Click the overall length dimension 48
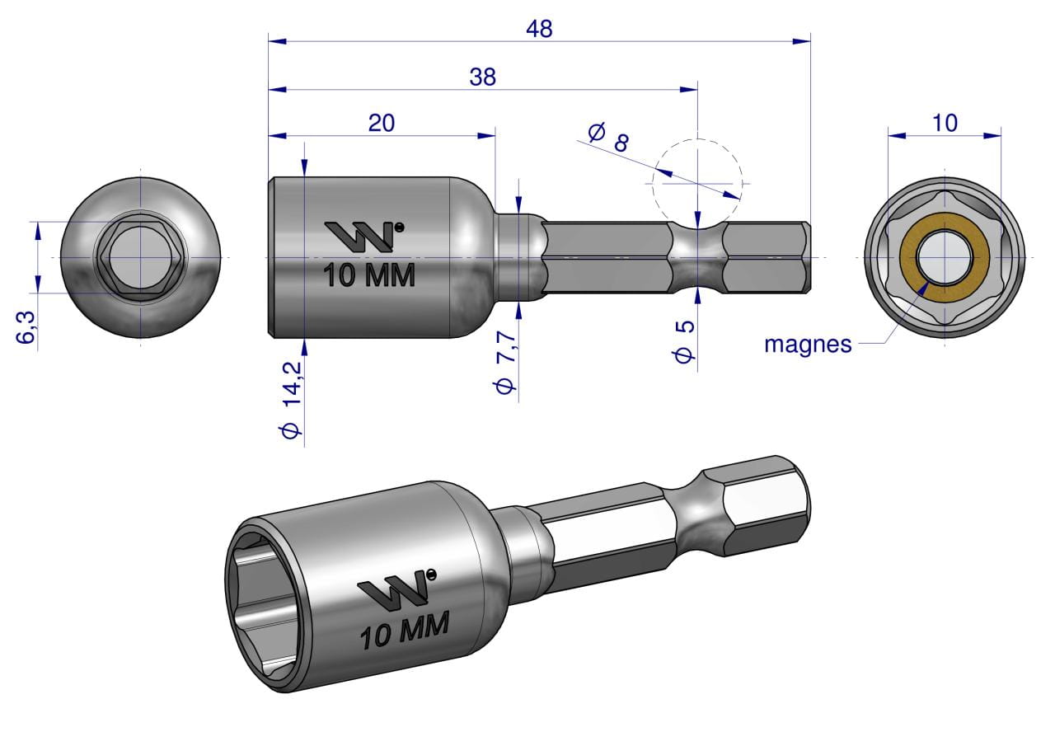(x=539, y=29)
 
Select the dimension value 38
(x=482, y=77)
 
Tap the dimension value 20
(x=381, y=123)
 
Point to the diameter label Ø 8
(x=608, y=136)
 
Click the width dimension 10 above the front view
(x=945, y=123)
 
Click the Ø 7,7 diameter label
(x=505, y=362)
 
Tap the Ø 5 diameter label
(x=685, y=341)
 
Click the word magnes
(x=808, y=345)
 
